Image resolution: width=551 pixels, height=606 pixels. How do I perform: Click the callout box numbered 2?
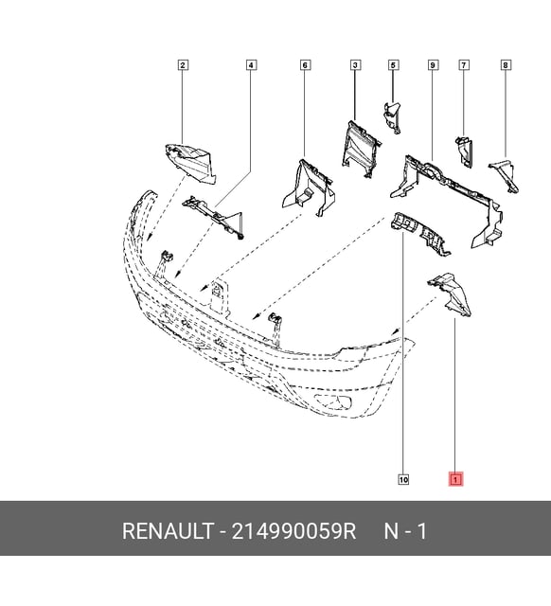pos(183,65)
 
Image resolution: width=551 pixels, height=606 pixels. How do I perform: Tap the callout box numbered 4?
pos(251,65)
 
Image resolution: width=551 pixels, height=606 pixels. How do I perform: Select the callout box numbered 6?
pos(305,65)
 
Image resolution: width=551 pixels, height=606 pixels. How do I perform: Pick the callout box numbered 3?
pos(355,65)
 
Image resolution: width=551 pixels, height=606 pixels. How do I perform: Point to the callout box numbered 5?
pos(393,65)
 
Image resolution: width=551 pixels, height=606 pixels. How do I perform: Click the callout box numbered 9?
pos(433,65)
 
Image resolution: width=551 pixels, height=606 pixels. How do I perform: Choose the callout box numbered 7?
pos(464,65)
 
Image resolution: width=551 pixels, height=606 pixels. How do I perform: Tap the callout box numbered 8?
pos(506,65)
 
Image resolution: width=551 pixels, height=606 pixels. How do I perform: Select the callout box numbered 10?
pos(403,480)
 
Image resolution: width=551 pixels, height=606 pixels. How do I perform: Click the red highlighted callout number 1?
pos(455,480)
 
